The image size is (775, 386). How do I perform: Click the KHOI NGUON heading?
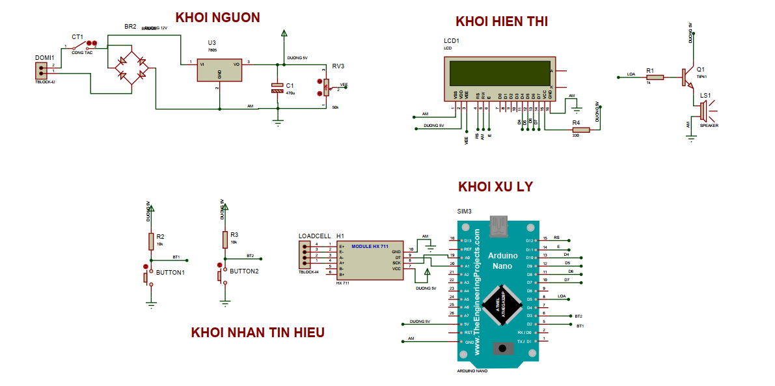tap(217, 18)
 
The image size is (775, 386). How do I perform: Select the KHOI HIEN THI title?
tap(502, 21)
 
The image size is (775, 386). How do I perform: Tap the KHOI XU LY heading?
tap(495, 187)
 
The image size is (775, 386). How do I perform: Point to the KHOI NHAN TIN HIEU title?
tap(258, 333)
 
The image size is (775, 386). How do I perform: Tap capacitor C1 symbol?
tap(278, 88)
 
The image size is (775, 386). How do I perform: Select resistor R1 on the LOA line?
tap(655, 77)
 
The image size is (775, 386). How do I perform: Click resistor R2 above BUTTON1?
tap(151, 239)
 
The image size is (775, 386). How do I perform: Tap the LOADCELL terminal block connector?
tap(304, 255)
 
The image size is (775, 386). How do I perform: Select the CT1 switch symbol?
tap(83, 46)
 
